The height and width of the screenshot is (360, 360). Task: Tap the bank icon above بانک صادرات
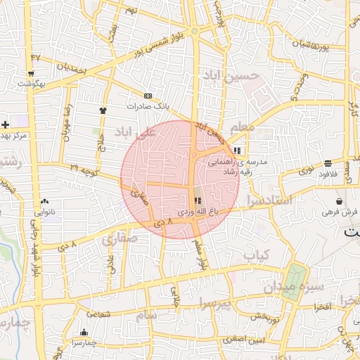(x=147, y=96)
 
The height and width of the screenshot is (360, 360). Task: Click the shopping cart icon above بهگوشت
(x=31, y=73)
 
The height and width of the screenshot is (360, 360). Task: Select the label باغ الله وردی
(x=194, y=211)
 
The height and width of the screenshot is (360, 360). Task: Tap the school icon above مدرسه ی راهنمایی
(x=238, y=150)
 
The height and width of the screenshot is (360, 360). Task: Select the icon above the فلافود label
(x=328, y=163)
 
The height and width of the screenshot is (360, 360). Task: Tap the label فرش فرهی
(x=340, y=211)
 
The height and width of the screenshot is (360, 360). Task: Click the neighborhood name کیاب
(x=257, y=256)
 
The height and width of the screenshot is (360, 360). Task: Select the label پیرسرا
(x=214, y=304)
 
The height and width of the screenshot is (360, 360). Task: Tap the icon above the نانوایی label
(x=45, y=200)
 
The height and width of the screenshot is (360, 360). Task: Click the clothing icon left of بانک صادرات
(x=103, y=110)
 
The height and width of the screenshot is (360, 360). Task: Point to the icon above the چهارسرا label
(x=84, y=333)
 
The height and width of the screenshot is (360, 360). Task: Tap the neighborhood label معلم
(x=241, y=127)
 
